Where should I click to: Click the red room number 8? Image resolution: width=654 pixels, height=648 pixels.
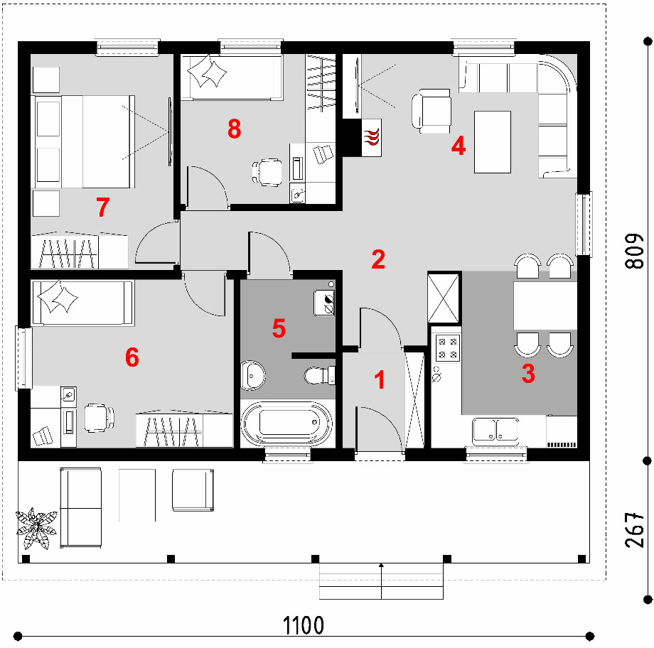235,129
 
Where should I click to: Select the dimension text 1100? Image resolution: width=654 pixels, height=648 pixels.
304,625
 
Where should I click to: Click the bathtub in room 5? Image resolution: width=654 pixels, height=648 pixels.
288,423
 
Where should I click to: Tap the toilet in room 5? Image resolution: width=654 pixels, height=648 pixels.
319,375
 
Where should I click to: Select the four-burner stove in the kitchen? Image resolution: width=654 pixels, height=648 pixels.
448,347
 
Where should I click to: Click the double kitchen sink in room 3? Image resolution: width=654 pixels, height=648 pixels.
495,430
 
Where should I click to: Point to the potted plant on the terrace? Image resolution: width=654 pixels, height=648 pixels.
36,528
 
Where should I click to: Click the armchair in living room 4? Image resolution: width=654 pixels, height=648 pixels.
431,112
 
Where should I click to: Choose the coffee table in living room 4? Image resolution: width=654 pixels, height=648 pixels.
493,142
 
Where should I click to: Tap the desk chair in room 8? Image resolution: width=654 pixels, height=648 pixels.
267,172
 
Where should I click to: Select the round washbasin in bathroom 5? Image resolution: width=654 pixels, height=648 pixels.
252,375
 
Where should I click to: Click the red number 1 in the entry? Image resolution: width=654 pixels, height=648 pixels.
379,380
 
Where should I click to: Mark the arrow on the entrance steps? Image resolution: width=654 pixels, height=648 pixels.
381,581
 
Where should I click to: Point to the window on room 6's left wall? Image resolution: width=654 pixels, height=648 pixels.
23,359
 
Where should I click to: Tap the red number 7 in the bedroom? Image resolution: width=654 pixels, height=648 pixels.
103,207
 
